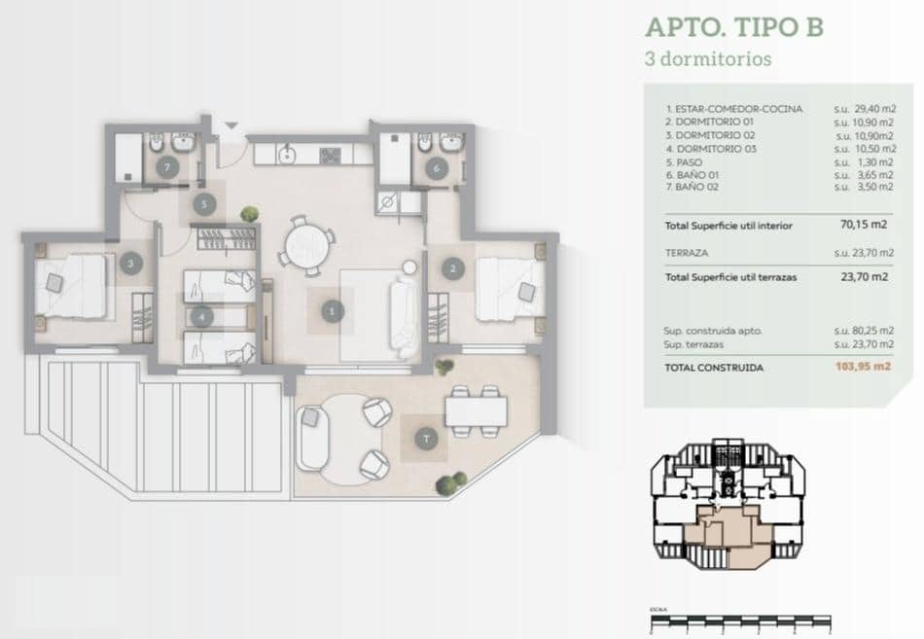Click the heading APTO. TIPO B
(733, 26)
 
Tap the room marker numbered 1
(333, 311)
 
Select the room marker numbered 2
(450, 266)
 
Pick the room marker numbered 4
(200, 316)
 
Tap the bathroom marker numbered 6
(436, 168)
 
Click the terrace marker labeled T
(426, 441)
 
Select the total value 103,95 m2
(863, 368)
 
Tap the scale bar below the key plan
(739, 619)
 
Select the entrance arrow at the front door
(231, 126)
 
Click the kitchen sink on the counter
(286, 154)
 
